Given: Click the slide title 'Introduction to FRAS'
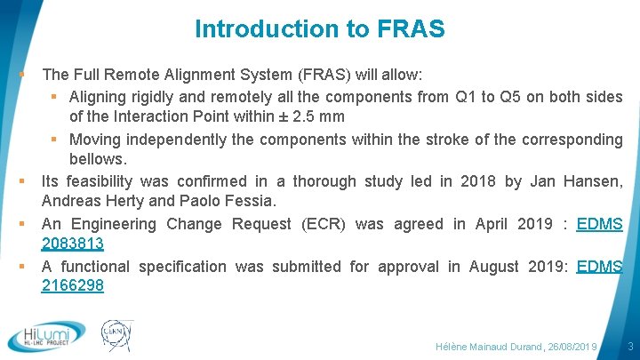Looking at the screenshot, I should pyautogui.click(x=319, y=28).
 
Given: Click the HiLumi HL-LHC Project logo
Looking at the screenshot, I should pyautogui.click(x=46, y=336).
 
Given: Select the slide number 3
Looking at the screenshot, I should pyautogui.click(x=629, y=345).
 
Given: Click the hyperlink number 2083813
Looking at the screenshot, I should pyautogui.click(x=73, y=244).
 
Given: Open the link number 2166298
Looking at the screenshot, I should pyautogui.click(x=73, y=285).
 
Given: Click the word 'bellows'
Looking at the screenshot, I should pyautogui.click(x=97, y=159).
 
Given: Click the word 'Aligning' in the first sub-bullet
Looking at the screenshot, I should pyautogui.click(x=100, y=96).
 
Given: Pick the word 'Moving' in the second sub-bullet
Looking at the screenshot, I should pyautogui.click(x=95, y=139).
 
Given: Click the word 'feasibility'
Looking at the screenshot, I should pyautogui.click(x=100, y=181).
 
